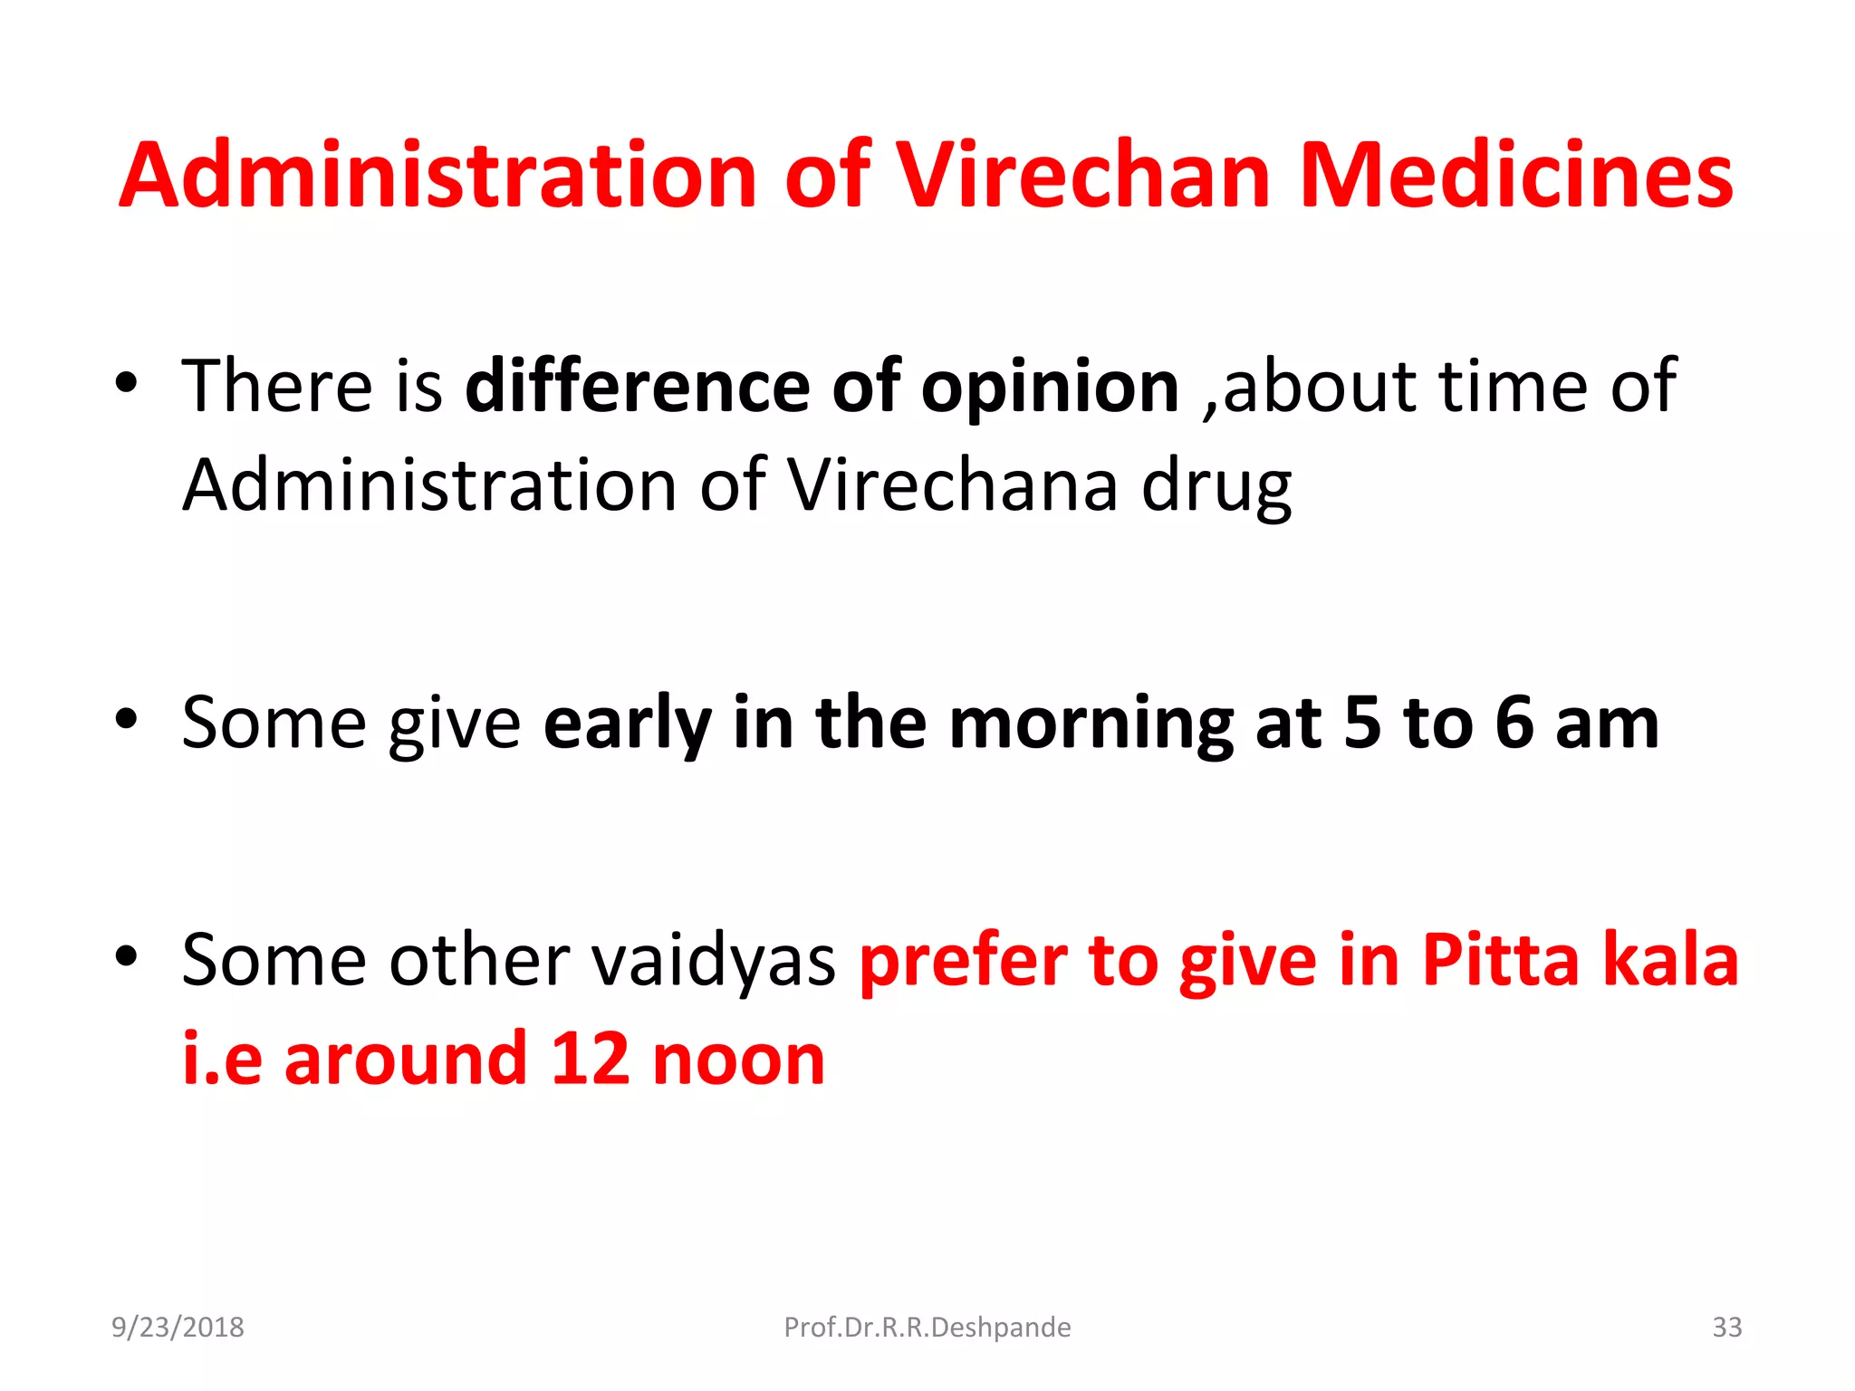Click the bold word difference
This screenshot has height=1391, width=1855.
pyautogui.click(x=637, y=386)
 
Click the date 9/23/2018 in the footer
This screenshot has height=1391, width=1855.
pyautogui.click(x=178, y=1327)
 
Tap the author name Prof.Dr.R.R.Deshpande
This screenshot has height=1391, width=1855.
pyautogui.click(x=927, y=1327)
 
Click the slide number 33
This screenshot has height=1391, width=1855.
pyautogui.click(x=1726, y=1327)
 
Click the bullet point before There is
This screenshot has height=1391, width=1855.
pyautogui.click(x=126, y=383)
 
